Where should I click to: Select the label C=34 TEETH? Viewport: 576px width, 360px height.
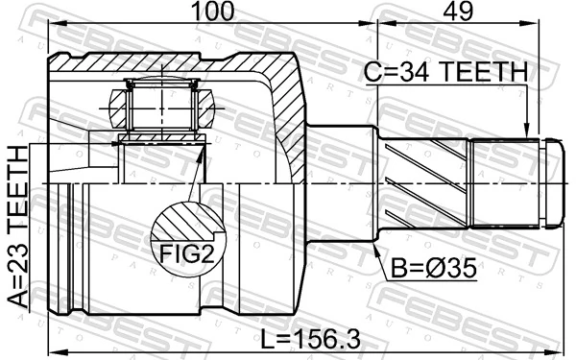tap(444, 73)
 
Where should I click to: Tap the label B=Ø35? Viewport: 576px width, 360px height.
tap(432, 270)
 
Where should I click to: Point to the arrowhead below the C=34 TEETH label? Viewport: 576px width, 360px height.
tap(526, 129)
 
